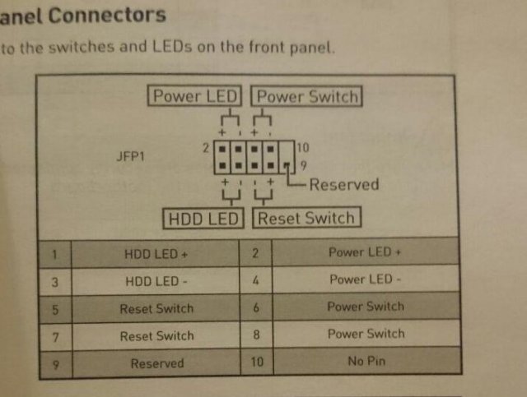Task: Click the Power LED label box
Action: tap(195, 95)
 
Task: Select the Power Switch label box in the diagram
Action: tap(308, 96)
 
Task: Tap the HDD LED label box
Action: tap(203, 219)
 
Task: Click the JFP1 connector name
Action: tap(131, 155)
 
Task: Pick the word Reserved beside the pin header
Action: tap(344, 184)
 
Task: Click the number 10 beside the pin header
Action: tap(302, 148)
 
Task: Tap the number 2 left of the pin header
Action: tap(205, 148)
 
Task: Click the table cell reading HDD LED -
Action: tap(156, 281)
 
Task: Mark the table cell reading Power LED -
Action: tap(366, 279)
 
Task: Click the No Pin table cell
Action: tap(366, 360)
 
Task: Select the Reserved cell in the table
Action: tap(156, 363)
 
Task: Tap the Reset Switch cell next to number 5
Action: tap(156, 309)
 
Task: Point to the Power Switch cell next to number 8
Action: tap(366, 334)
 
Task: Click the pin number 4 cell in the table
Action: tap(256, 280)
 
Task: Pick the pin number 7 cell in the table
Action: tap(54, 336)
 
